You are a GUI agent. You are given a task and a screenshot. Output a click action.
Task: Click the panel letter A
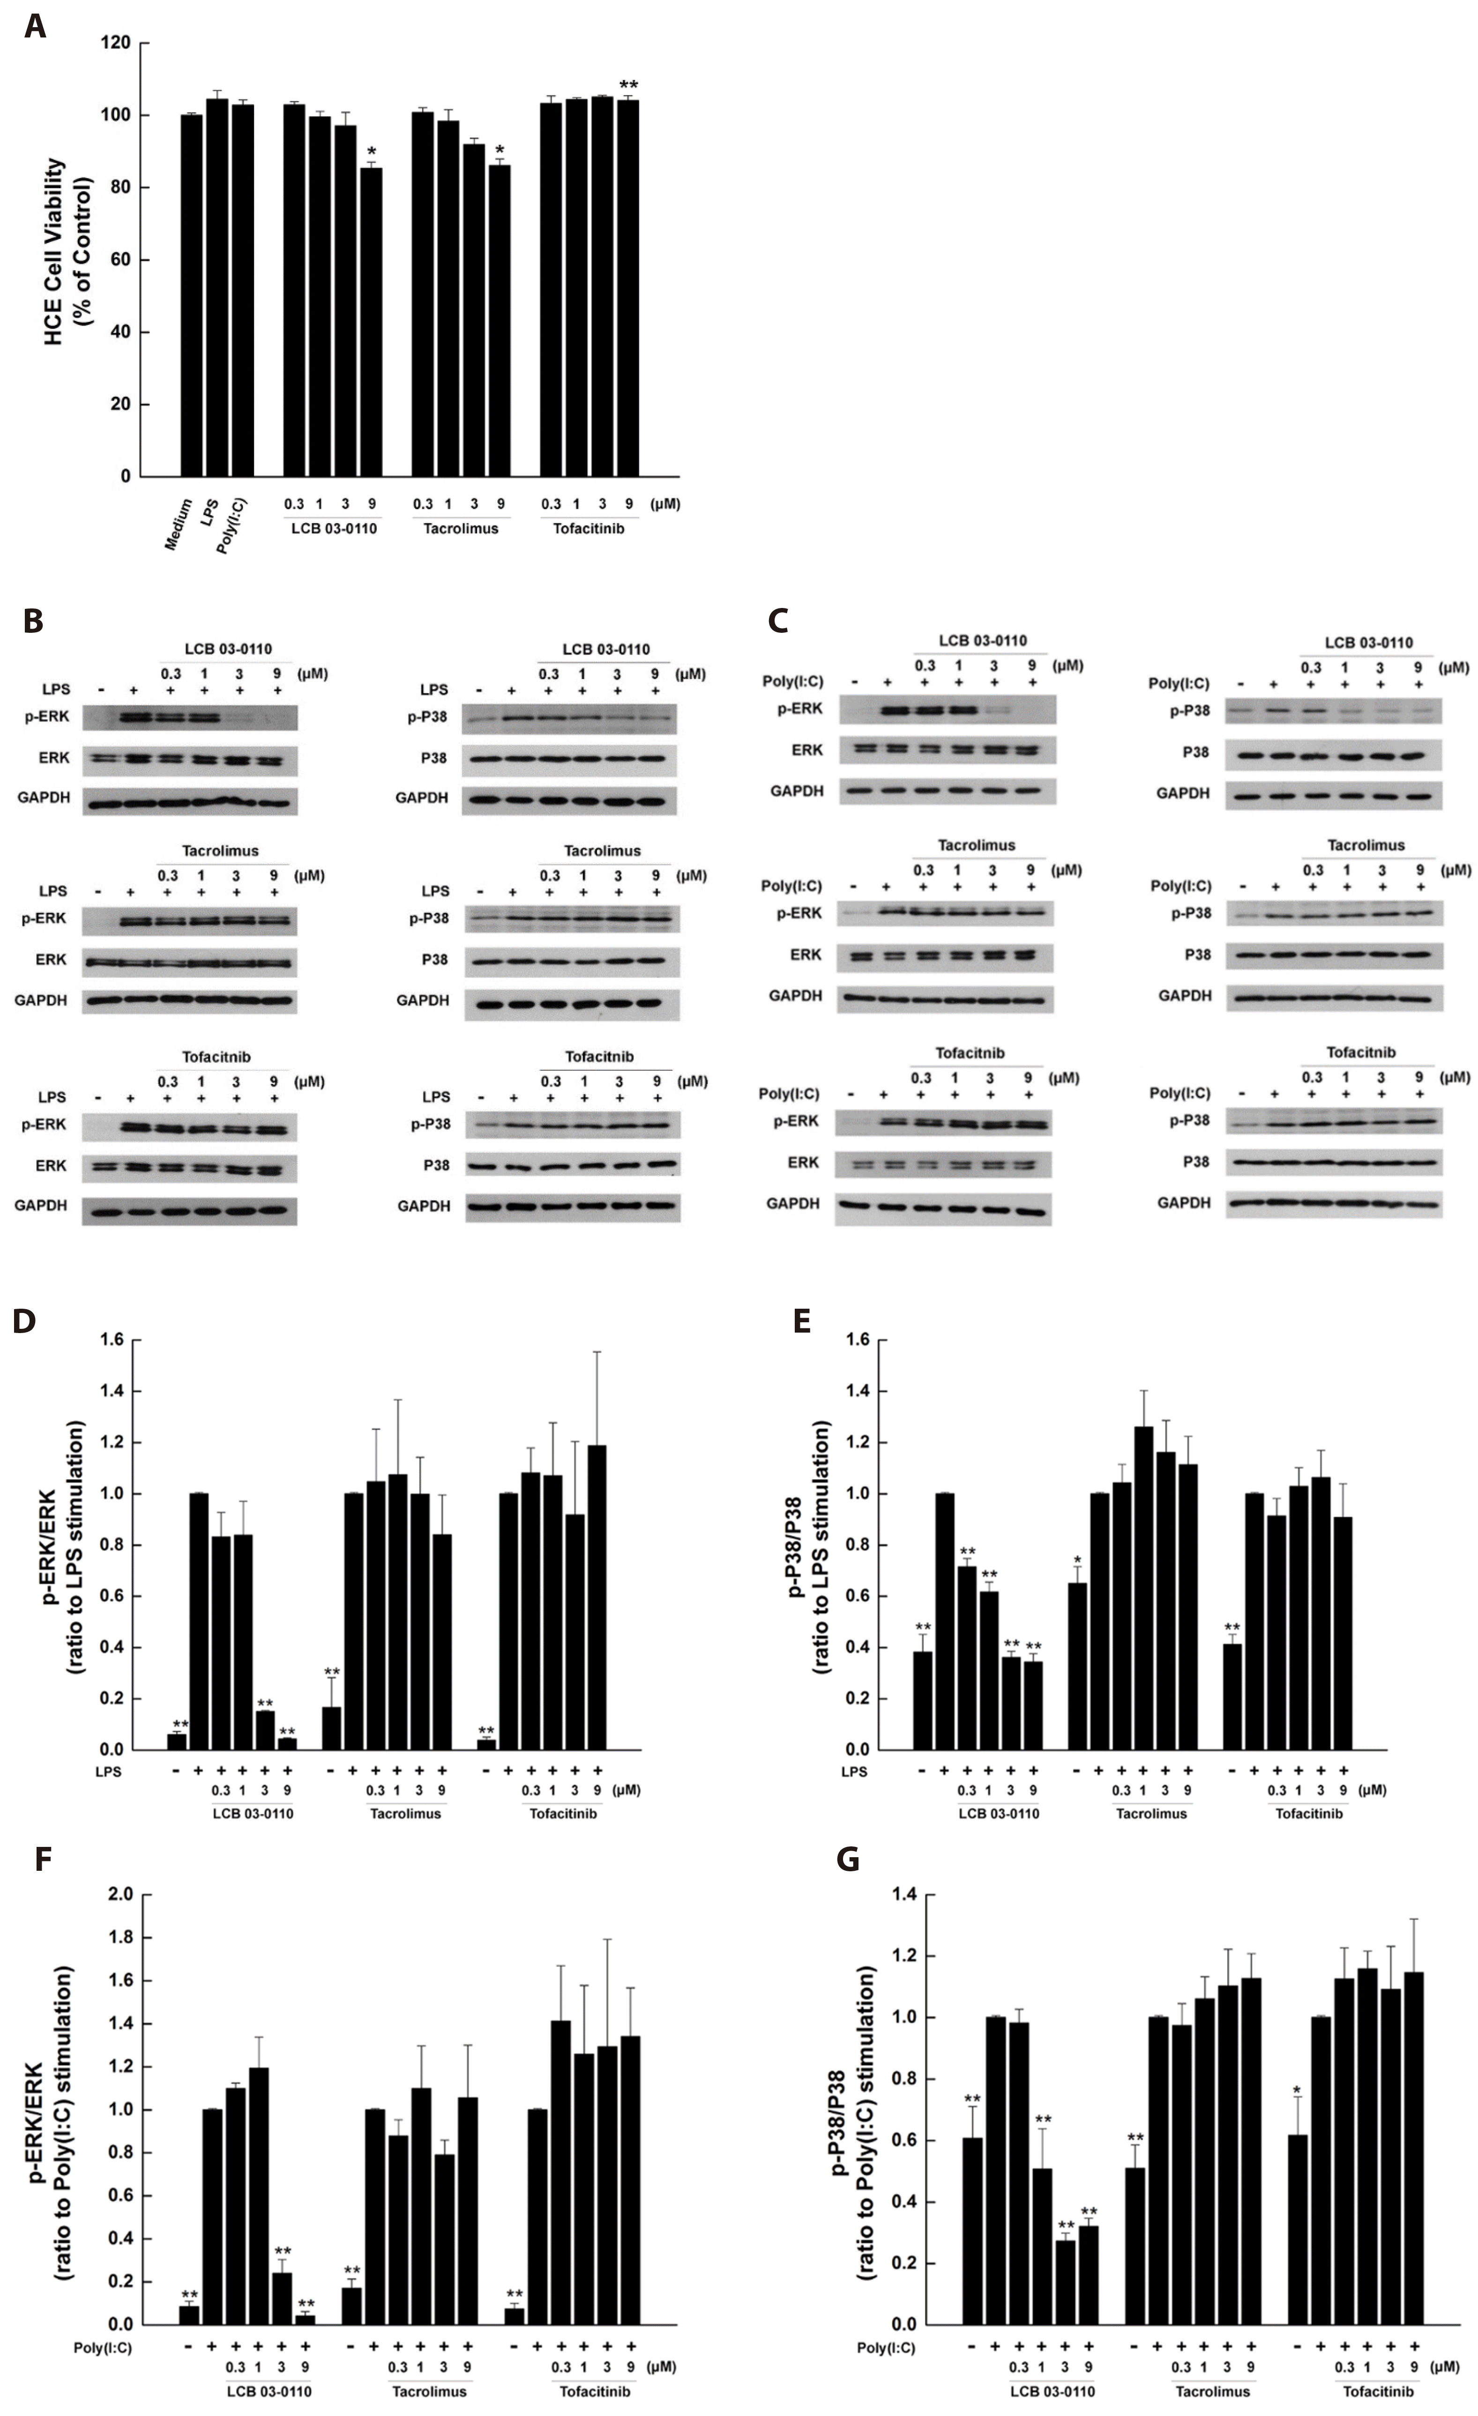click(x=34, y=27)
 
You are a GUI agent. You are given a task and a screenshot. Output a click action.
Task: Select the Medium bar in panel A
click(x=191, y=294)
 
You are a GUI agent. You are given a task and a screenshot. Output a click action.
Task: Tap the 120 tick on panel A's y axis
click(x=119, y=43)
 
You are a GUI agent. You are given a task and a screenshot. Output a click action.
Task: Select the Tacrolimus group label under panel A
click(x=460, y=528)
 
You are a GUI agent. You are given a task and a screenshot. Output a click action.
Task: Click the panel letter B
click(x=32, y=622)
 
